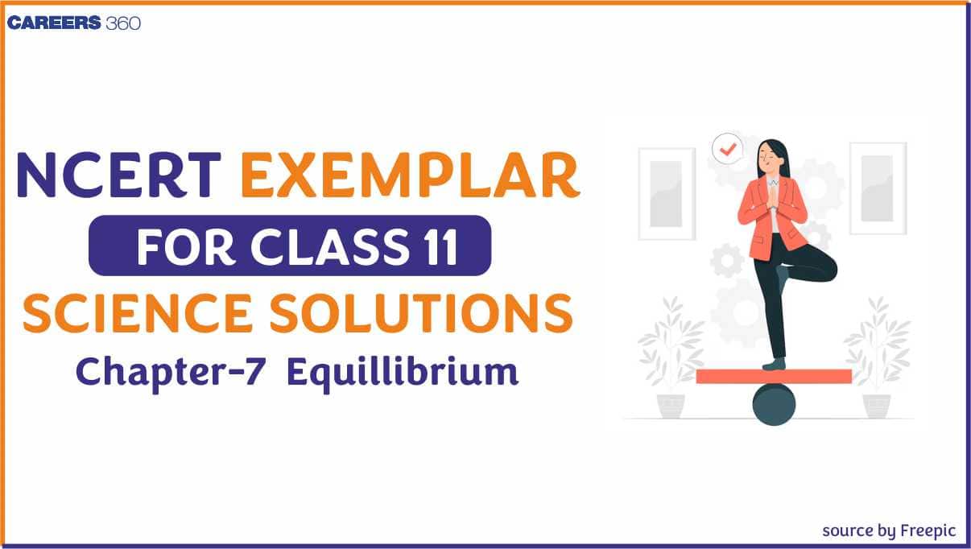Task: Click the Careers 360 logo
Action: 74,23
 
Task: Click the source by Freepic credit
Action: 889,530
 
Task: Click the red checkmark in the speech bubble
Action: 729,149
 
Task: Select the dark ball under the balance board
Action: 774,404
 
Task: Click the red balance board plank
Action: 774,376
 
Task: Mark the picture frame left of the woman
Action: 667,193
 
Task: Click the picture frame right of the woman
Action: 878,188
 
